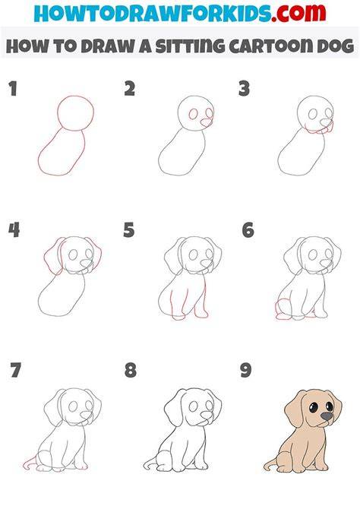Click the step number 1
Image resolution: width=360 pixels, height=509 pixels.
pyautogui.click(x=13, y=89)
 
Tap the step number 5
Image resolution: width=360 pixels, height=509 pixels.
pyautogui.click(x=129, y=230)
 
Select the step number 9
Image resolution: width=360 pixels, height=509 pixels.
pyautogui.click(x=246, y=370)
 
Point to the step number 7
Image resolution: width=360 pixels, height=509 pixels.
pyautogui.click(x=16, y=370)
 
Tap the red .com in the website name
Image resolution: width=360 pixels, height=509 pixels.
pyautogui.click(x=298, y=14)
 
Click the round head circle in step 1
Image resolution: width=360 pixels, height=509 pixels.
pyautogui.click(x=76, y=96)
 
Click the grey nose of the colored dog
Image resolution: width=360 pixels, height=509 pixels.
pyautogui.click(x=327, y=416)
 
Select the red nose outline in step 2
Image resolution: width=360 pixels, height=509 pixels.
pyautogui.click(x=206, y=124)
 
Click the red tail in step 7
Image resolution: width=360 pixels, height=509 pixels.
pyautogui.click(x=30, y=463)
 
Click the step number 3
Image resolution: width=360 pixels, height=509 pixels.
pyautogui.click(x=244, y=89)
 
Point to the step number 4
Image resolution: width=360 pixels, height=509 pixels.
pyautogui.click(x=14, y=230)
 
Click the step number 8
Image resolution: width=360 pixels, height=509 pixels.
pyautogui.click(x=130, y=370)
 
